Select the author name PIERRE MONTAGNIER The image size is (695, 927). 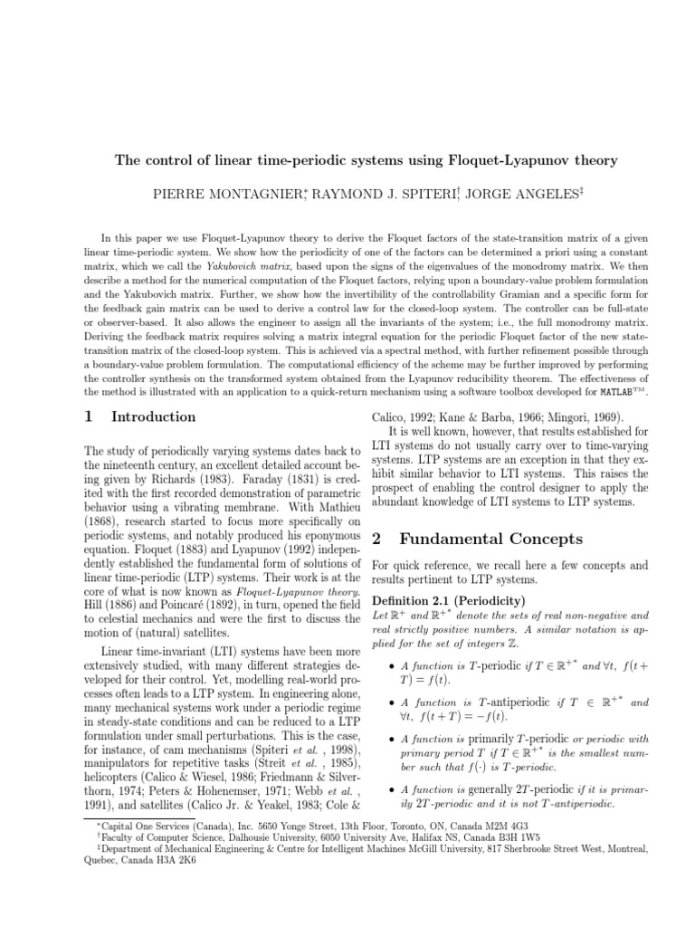pyautogui.click(x=212, y=194)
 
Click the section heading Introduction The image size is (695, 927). pyautogui.click(x=152, y=416)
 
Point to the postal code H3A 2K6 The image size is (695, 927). pyautogui.click(x=176, y=862)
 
